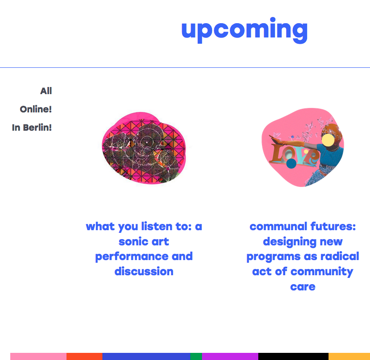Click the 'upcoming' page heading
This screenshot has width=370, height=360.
coord(245,30)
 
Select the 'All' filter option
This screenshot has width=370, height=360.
coord(46,91)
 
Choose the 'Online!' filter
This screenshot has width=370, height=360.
coord(36,109)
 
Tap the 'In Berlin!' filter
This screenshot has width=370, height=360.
coord(32,128)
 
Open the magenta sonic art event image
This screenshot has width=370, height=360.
coord(144,148)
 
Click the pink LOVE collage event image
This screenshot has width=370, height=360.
coord(303,148)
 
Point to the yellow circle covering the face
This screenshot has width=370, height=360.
coord(328,140)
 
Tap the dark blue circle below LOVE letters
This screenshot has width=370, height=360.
coord(291,163)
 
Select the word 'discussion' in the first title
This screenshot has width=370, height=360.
coord(144,272)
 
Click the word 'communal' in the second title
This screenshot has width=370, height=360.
coord(279,226)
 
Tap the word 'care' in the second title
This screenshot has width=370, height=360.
coord(303,287)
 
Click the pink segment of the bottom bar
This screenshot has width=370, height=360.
coord(38,356)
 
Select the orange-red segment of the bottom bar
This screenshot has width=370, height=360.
coord(84,356)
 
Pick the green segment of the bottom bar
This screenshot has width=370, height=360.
coord(196,356)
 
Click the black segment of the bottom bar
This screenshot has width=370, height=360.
coord(293,356)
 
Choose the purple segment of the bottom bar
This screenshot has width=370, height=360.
coord(230,356)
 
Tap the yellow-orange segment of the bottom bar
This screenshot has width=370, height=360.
coord(349,356)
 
